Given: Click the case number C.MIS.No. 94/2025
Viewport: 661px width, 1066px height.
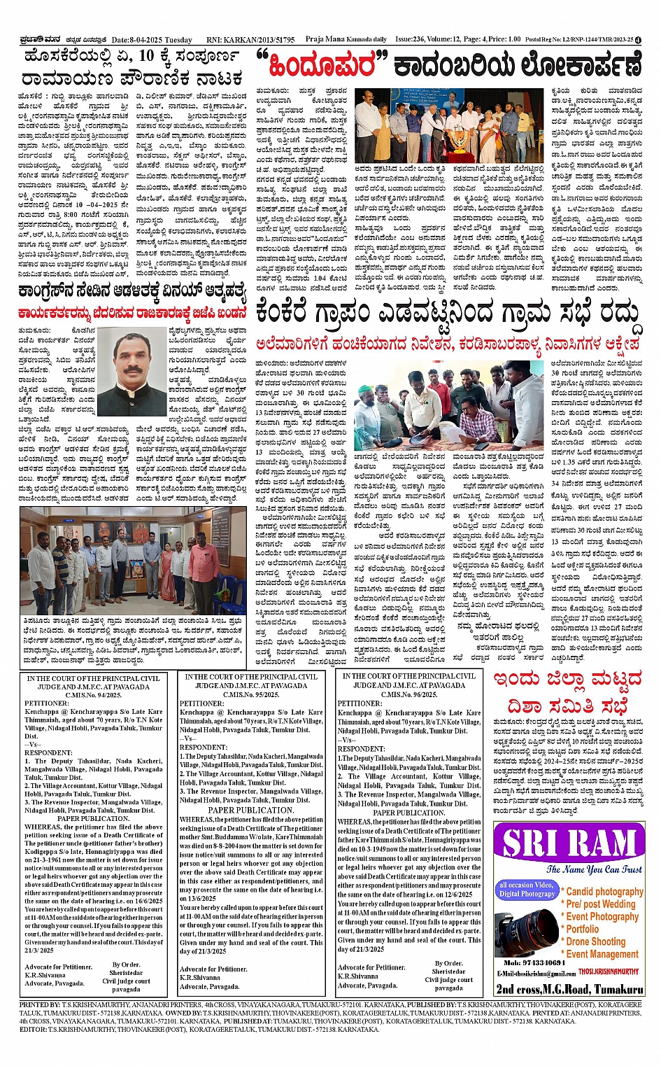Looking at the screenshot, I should click(x=94, y=695).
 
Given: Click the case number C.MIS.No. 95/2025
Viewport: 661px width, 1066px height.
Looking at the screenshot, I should click(x=251, y=694).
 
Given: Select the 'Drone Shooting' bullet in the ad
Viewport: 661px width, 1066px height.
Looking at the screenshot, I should click(x=596, y=941).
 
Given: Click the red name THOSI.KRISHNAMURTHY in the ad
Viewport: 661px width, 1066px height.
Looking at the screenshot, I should click(x=609, y=972).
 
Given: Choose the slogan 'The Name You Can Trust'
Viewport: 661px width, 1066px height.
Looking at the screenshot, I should click(x=594, y=869).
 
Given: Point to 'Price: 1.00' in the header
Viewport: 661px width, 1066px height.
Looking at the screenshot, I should click(x=504, y=40).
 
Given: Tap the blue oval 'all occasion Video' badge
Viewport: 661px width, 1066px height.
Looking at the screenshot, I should click(x=526, y=889).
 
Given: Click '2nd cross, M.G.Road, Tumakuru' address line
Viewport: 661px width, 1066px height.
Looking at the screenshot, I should click(x=569, y=989).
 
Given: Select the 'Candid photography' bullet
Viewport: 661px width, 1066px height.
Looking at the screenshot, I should click(x=604, y=891).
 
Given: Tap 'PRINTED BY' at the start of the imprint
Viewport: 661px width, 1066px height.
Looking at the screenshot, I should click(x=40, y=1004).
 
